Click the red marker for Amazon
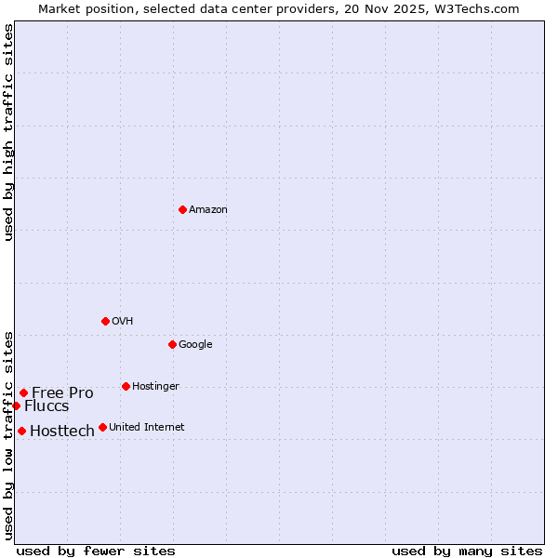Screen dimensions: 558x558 pos(182,209)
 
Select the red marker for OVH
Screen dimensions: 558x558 pos(105,321)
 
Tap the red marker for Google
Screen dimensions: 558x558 pos(172,344)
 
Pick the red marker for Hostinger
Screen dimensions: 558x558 pos(126,386)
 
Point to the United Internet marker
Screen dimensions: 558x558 pos(102,428)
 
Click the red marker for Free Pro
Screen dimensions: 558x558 pos(23,392)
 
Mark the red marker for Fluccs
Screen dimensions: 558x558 pos(16,405)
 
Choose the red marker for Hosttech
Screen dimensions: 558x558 pos(21,431)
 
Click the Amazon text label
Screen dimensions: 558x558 pos(208,210)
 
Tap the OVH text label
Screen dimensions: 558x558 pos(123,322)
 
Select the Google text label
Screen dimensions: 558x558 pos(195,345)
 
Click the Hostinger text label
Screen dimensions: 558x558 pos(155,387)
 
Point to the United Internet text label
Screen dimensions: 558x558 pos(147,428)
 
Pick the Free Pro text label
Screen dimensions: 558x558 pos(62,392)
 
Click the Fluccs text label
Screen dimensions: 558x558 pos(46,406)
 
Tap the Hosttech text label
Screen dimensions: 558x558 pos(62,431)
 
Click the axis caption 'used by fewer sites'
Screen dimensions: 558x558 pos(96,551)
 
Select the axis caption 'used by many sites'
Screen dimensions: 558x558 pos(467,551)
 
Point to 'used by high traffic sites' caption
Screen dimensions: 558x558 pos(9,132)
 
